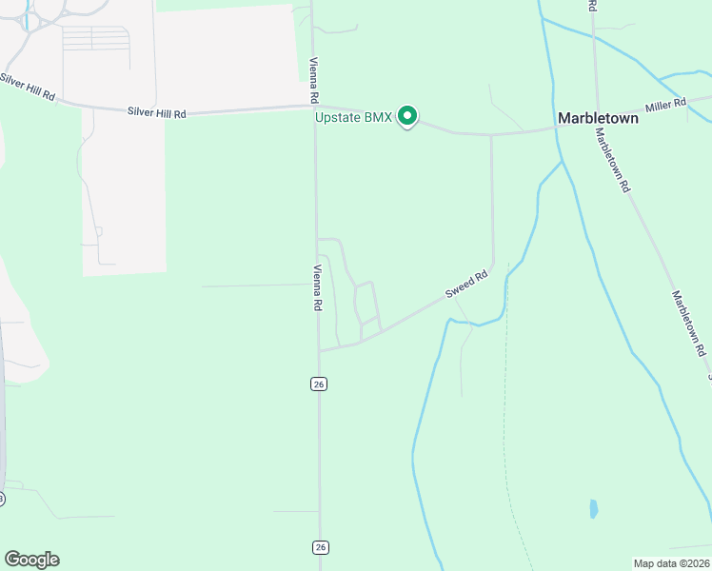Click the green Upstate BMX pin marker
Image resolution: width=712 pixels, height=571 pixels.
click(x=407, y=116)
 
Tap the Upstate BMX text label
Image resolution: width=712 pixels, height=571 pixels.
click(x=353, y=118)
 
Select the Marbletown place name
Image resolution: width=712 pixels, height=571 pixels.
click(x=597, y=119)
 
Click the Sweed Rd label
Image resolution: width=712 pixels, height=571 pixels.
click(x=468, y=283)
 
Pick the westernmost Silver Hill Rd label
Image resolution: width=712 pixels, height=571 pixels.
click(x=29, y=84)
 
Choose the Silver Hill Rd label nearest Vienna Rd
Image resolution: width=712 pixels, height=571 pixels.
click(x=157, y=112)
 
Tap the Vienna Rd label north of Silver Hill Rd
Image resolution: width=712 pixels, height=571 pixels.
click(x=312, y=80)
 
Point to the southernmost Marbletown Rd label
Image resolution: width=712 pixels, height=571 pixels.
click(x=690, y=324)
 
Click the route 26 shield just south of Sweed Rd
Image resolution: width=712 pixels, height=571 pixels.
click(x=319, y=384)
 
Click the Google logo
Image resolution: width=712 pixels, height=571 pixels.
click(x=31, y=560)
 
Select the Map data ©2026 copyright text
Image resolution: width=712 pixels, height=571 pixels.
click(x=672, y=562)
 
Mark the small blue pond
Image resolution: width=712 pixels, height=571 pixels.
click(x=594, y=508)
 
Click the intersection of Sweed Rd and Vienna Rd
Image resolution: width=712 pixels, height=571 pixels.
click(x=319, y=350)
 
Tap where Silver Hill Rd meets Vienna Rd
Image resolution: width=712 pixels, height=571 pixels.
click(x=314, y=108)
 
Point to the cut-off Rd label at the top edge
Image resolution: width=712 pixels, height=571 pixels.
click(x=592, y=5)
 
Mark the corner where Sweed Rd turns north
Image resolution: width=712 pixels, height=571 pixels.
click(x=492, y=266)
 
